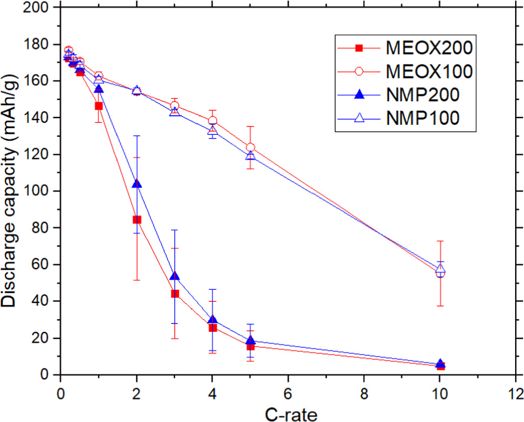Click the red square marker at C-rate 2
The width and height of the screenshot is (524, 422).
click(x=137, y=219)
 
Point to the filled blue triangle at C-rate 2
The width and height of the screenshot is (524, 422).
click(x=137, y=184)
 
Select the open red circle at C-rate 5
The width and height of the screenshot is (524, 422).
click(x=250, y=148)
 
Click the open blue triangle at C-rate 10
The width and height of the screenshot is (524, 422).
click(x=440, y=269)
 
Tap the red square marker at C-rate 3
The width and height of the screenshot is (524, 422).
click(x=175, y=293)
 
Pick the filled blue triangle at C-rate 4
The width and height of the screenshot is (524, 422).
click(x=213, y=320)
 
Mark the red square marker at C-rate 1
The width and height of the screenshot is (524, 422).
click(x=98, y=106)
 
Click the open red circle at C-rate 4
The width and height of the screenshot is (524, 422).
click(x=213, y=121)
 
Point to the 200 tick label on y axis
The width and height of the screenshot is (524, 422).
click(x=41, y=8)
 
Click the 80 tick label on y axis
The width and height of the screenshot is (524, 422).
click(x=45, y=228)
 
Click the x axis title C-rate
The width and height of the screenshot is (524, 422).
click(x=288, y=414)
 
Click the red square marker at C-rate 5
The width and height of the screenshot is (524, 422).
click(x=250, y=346)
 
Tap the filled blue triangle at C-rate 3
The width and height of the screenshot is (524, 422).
click(x=175, y=276)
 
